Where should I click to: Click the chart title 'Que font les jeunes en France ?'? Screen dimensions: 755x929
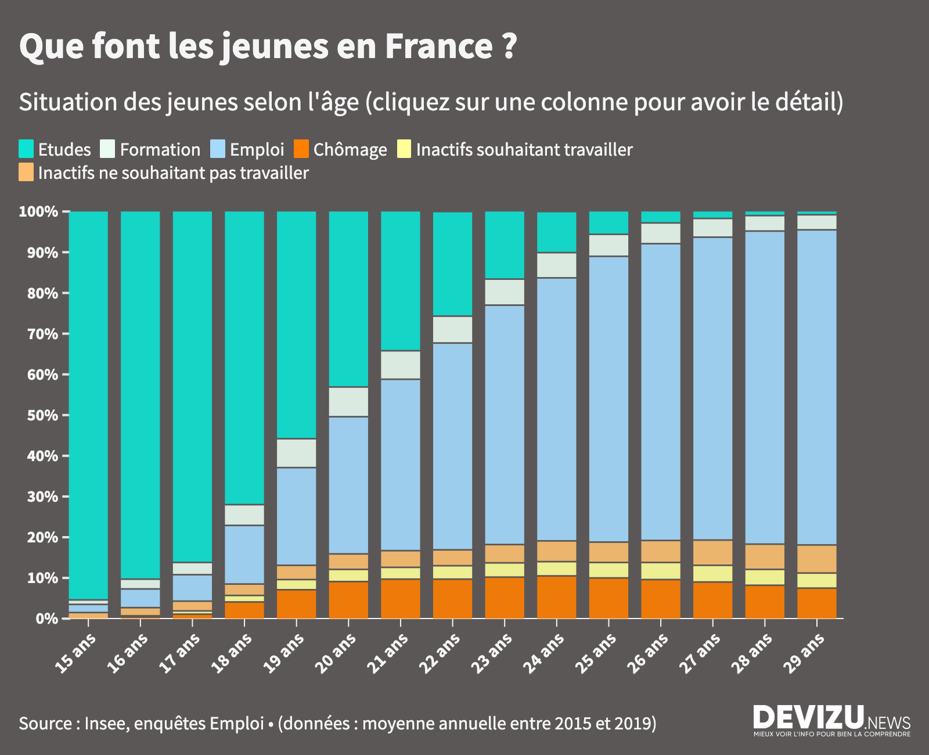[x=268, y=46]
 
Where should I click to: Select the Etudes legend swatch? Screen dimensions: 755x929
[x=26, y=149]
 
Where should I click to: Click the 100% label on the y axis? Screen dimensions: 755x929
[x=38, y=211]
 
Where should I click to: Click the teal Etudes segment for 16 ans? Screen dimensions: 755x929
[x=141, y=395]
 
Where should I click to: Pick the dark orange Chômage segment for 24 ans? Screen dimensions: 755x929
[x=557, y=597]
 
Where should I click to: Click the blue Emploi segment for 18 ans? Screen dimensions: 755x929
[x=244, y=555]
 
